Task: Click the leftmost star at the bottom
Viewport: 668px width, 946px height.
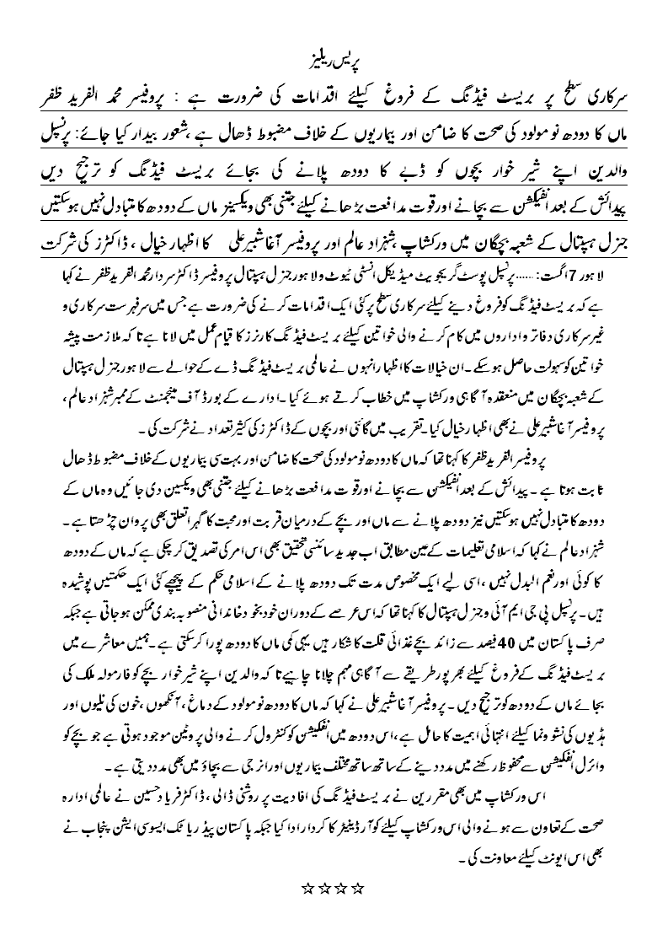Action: pos(307,887)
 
